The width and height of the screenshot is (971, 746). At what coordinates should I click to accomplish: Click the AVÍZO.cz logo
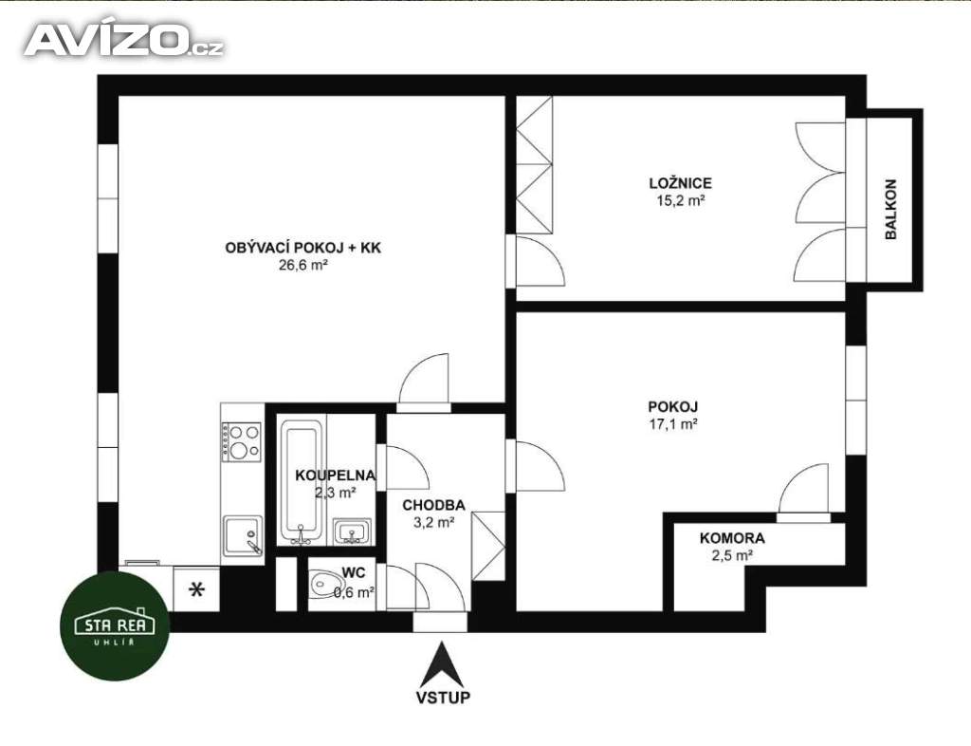coord(124,40)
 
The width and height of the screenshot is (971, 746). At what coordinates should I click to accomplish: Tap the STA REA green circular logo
coord(115,625)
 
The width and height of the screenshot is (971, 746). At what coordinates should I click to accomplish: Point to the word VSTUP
coord(443,697)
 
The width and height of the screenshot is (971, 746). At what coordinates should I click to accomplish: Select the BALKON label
coord(890,210)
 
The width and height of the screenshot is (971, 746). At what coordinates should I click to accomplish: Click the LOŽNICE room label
coord(681,183)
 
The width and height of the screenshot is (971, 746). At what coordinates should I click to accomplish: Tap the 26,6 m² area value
coord(302,265)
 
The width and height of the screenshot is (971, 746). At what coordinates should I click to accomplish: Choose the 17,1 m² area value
coord(673,424)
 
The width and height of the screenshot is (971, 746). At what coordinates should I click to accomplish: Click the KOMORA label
coord(732,538)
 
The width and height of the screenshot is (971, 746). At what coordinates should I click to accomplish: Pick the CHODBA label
coord(433,506)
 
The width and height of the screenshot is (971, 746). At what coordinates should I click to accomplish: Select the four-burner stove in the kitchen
coord(242,441)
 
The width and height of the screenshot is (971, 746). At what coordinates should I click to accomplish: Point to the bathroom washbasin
coord(353,532)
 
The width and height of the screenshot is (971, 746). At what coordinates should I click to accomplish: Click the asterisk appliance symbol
coord(197,589)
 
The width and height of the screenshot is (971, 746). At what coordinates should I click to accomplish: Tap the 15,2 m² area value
coord(681,201)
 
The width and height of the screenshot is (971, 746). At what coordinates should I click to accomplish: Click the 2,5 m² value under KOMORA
coord(732,555)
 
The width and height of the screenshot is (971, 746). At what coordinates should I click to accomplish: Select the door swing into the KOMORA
coord(803,490)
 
